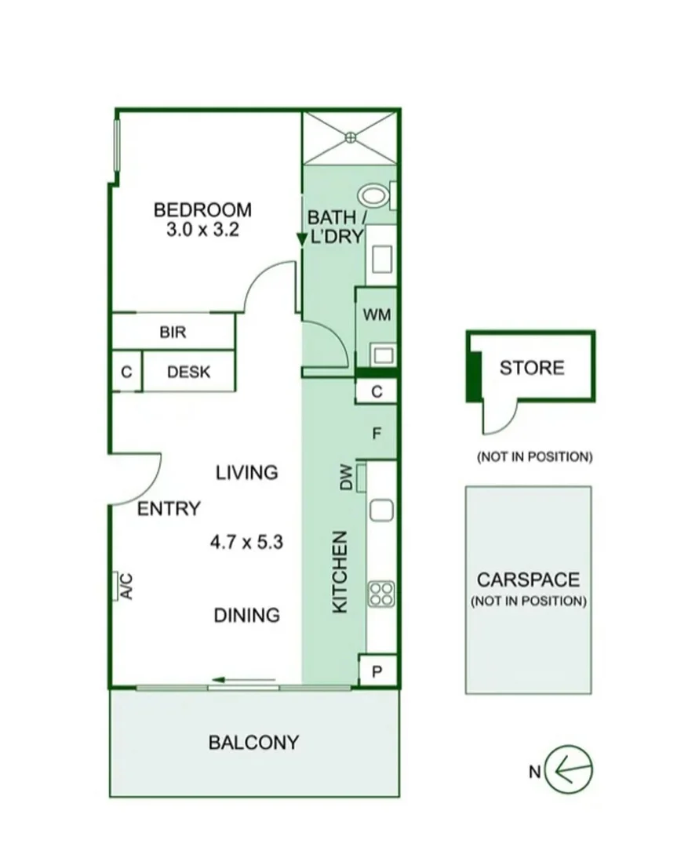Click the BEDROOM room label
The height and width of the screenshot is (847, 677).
pyautogui.click(x=202, y=210)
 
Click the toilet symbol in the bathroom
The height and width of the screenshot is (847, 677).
pyautogui.click(x=373, y=194)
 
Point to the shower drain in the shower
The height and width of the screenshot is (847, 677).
pyautogui.click(x=351, y=137)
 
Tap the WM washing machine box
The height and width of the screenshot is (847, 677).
pyautogui.click(x=377, y=314)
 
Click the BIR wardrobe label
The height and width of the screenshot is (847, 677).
pyautogui.click(x=173, y=333)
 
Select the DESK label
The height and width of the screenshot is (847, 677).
pyautogui.click(x=188, y=373)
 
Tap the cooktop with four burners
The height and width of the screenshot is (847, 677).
pyautogui.click(x=380, y=593)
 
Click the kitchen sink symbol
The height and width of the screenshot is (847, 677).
pyautogui.click(x=380, y=510)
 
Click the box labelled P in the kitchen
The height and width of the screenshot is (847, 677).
pyautogui.click(x=377, y=672)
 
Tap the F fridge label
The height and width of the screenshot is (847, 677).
pyautogui.click(x=377, y=432)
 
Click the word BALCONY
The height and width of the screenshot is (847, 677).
pyautogui.click(x=253, y=742)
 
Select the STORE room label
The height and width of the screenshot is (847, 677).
pyautogui.click(x=532, y=367)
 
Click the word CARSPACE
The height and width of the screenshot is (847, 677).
pyautogui.click(x=528, y=580)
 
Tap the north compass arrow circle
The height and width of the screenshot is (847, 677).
pyautogui.click(x=569, y=769)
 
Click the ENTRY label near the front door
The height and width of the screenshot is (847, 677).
pyautogui.click(x=169, y=509)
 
